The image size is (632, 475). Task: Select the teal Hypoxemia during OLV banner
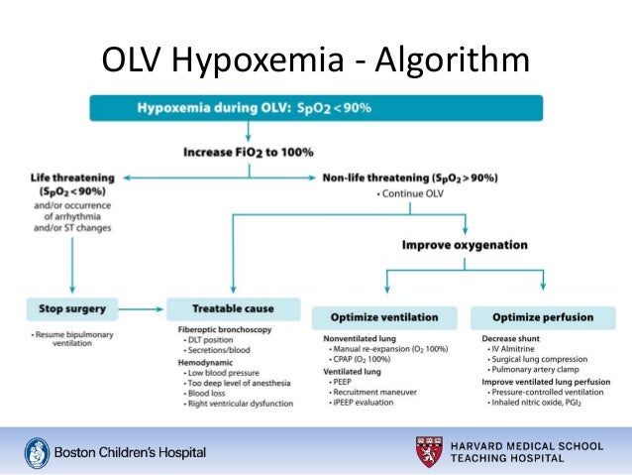(316, 107)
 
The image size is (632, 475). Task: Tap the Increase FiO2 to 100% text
(248, 152)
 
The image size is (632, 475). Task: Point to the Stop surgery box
(73, 307)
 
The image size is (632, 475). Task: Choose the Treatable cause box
(233, 307)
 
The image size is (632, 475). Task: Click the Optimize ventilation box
(384, 317)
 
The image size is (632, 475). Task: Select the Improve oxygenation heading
(464, 244)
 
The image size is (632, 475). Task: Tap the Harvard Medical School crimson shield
(431, 451)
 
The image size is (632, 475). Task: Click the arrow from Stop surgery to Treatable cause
(140, 307)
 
